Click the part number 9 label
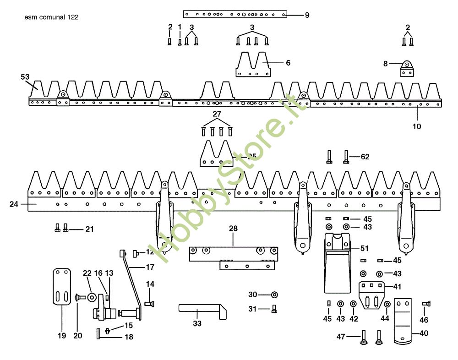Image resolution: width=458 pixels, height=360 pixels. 307,15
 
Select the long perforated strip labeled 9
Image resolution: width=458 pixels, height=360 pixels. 235,14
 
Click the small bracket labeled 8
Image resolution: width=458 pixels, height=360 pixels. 406,69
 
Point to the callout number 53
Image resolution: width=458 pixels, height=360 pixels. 25,76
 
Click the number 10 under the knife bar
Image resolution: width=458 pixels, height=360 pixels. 417,126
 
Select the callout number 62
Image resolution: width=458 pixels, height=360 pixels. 365,157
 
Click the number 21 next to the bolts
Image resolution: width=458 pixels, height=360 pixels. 89,229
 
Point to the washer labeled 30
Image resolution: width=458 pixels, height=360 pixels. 274,294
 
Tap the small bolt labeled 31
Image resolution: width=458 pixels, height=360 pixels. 274,309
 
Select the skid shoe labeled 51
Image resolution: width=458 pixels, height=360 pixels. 338,263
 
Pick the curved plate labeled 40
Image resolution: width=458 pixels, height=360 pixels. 403,321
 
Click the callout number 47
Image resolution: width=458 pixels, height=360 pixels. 340,337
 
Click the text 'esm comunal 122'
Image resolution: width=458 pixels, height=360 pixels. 52,17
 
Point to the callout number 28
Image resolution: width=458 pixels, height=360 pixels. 233,228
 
